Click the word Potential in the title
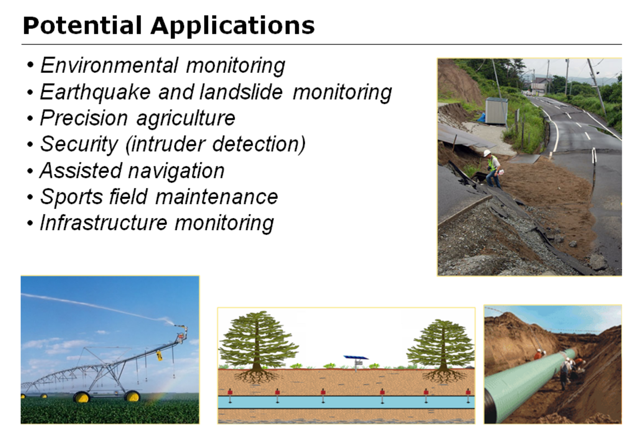[82, 26]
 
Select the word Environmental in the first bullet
[108, 65]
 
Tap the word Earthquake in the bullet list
[95, 92]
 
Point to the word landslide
[241, 92]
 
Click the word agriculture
[185, 118]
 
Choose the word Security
[79, 144]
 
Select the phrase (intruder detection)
[216, 144]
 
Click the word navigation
[174, 170]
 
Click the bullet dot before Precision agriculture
[30, 119]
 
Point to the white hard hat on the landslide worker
[487, 153]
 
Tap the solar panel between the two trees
[356, 358]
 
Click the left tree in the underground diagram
[257, 342]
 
